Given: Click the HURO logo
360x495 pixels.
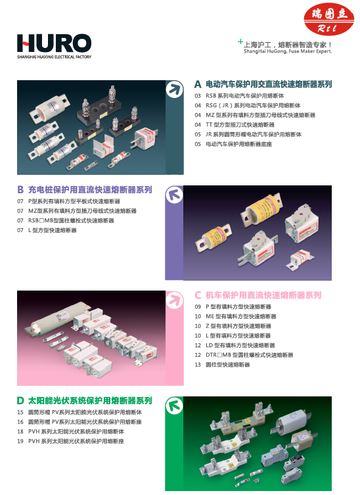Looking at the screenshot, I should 54,44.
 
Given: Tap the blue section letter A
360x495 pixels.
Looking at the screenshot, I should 198,85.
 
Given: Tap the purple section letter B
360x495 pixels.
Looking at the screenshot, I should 20,189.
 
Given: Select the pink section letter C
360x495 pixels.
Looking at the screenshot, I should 198,295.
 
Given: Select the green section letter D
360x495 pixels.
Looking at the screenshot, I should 20,400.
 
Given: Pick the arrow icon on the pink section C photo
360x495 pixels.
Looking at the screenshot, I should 173,300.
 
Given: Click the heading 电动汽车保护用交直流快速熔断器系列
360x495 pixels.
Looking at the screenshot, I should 269,85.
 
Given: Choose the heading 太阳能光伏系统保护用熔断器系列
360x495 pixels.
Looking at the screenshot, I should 90,400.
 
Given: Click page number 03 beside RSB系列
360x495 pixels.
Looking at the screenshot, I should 198,95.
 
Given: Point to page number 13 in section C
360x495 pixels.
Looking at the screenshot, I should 198,365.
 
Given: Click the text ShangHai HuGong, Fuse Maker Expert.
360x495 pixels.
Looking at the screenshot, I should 288,50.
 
